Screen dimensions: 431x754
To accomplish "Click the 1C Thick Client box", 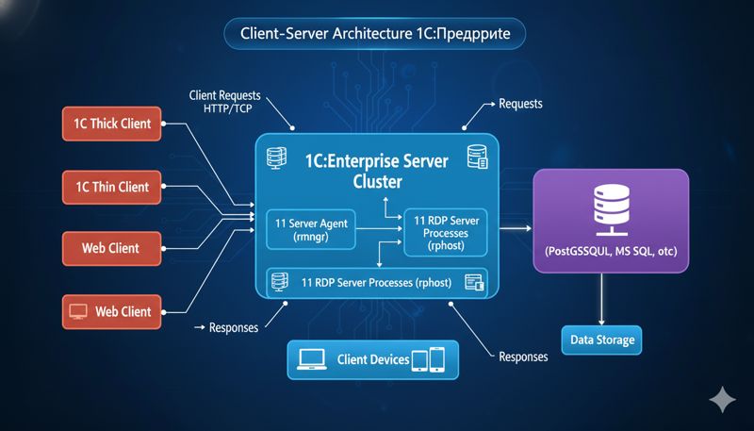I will pyautogui.click(x=112, y=124).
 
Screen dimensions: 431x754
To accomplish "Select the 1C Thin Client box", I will pyautogui.click(x=112, y=187).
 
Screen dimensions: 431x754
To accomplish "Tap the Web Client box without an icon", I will pyautogui.click(x=112, y=249).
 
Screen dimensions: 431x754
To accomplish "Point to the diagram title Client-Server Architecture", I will pyautogui.click(x=374, y=32).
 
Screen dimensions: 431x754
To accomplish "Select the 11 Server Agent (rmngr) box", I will pyautogui.click(x=312, y=231).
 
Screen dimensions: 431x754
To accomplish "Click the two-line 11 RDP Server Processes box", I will pyautogui.click(x=445, y=232).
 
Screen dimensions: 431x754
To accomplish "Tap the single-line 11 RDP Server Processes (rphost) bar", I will pyautogui.click(x=377, y=282).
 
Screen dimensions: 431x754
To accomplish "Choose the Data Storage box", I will pyautogui.click(x=602, y=340).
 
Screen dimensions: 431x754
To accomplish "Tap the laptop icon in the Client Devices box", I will pyautogui.click(x=312, y=359).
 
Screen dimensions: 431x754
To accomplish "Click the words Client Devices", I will pyautogui.click(x=372, y=360).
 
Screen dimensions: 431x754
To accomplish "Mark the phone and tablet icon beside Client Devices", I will pyautogui.click(x=428, y=360).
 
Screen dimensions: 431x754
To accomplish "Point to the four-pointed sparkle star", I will pyautogui.click(x=723, y=400).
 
